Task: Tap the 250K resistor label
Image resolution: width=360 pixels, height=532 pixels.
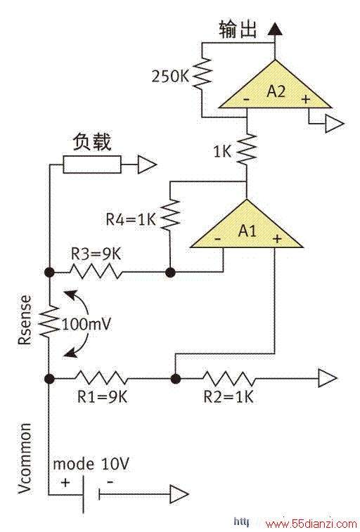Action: [x=170, y=77]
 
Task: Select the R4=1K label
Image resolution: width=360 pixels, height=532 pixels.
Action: [x=131, y=219]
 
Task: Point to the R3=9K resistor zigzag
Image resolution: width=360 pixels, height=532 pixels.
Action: [x=96, y=272]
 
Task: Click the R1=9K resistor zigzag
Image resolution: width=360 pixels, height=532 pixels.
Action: [x=101, y=378]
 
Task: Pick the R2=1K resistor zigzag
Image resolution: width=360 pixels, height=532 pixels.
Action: [x=228, y=378]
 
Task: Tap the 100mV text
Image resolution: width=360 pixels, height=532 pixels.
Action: [x=86, y=325]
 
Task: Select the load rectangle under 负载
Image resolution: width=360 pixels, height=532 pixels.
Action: [x=92, y=164]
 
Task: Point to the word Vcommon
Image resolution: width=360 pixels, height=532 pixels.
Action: [x=25, y=458]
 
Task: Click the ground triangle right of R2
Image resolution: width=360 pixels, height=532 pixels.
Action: [x=328, y=378]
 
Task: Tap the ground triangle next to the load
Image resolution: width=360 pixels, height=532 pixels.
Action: [x=146, y=164]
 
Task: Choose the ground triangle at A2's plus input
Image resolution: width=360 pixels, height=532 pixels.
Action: [x=335, y=124]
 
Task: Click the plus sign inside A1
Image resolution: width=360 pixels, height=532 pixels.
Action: [x=277, y=239]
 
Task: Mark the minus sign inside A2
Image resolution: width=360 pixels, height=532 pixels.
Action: [x=246, y=99]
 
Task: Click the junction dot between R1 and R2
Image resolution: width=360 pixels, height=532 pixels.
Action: [x=175, y=378]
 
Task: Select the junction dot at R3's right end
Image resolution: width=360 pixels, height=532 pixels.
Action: [x=170, y=272]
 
